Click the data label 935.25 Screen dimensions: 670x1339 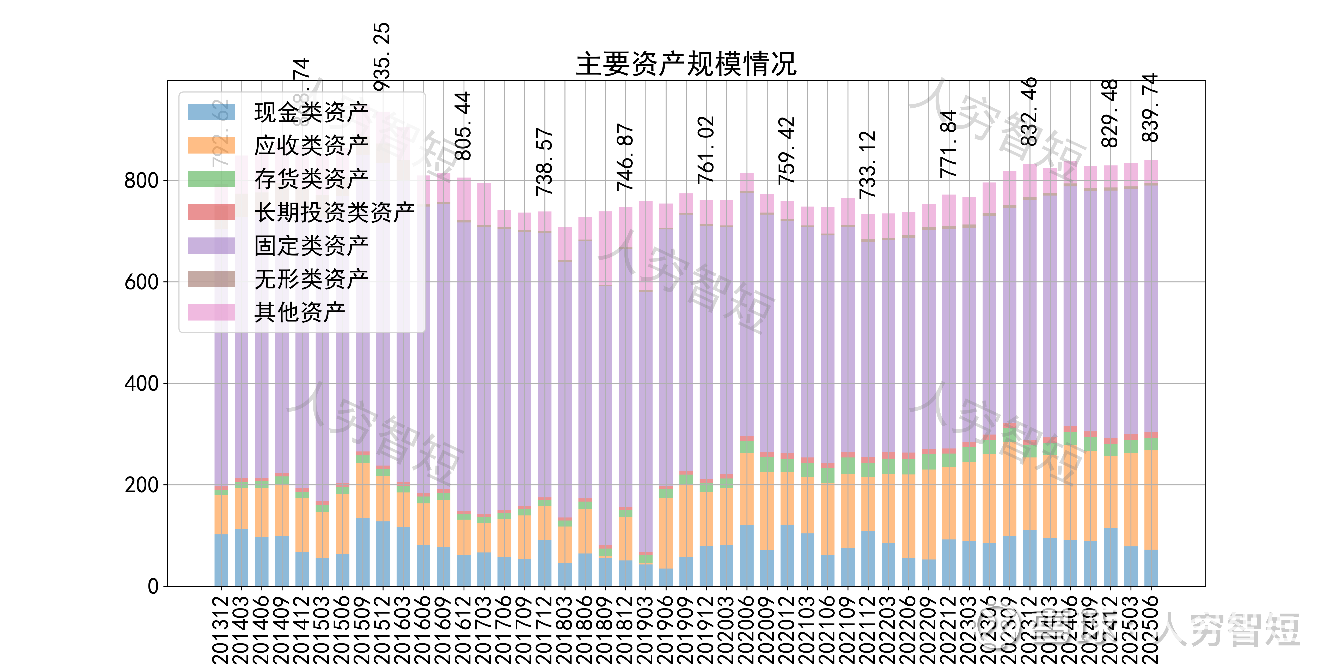(382, 57)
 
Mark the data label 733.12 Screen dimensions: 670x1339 (868, 165)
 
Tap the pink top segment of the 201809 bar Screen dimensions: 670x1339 (605, 248)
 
